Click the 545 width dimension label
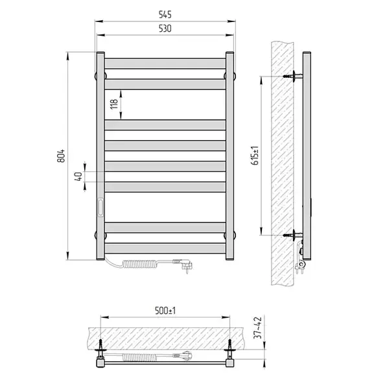tap(165, 15)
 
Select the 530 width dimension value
tap(165, 29)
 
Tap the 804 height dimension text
tap(61, 156)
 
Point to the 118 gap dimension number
tap(114, 104)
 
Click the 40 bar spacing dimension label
tap(78, 176)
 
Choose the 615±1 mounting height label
tap(255, 156)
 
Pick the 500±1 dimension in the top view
tap(165, 311)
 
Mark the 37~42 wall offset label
tap(258, 327)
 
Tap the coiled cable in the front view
tap(139, 264)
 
